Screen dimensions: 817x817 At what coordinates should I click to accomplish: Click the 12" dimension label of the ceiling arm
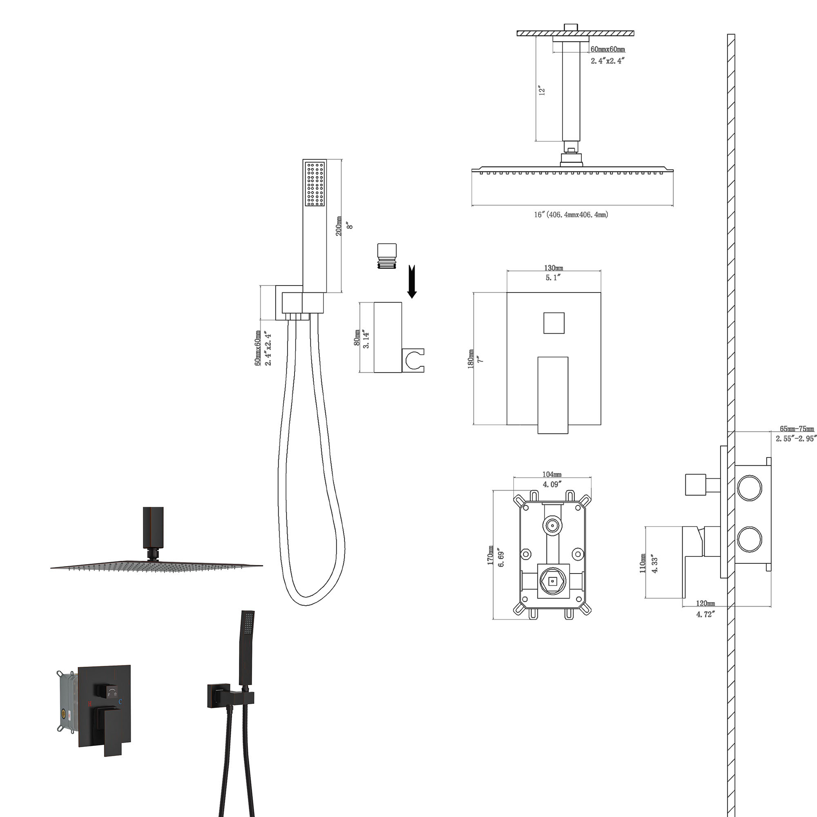click(542, 91)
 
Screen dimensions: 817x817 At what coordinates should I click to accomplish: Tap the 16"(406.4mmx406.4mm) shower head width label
click(571, 214)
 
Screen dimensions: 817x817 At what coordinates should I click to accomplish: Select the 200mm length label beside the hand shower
click(339, 226)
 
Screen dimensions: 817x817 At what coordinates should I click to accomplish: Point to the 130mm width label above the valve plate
click(553, 268)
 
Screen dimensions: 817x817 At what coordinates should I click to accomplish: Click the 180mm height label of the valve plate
click(471, 359)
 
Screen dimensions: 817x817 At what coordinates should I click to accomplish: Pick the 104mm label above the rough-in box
click(552, 474)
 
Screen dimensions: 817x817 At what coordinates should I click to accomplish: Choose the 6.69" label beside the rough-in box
click(501, 558)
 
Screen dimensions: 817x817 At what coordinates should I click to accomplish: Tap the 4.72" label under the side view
click(705, 614)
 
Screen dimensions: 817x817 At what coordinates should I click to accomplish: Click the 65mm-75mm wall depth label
click(797, 429)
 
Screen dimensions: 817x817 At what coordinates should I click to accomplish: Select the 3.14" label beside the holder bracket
click(366, 339)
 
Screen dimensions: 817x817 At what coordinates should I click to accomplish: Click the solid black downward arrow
click(412, 281)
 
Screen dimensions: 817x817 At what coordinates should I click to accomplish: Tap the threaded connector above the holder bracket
click(387, 256)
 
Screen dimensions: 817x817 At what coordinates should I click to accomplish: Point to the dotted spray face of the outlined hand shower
click(315, 184)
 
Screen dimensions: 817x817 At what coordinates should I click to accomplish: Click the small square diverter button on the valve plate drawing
click(554, 323)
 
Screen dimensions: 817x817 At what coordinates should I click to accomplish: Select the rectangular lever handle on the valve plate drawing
click(553, 395)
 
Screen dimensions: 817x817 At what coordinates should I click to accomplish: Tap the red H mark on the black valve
click(89, 704)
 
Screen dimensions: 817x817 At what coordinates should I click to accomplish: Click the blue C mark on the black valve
click(120, 702)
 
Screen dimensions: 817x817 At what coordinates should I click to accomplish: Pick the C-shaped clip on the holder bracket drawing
click(413, 360)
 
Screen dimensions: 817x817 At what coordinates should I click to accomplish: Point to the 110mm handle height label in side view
click(642, 563)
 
